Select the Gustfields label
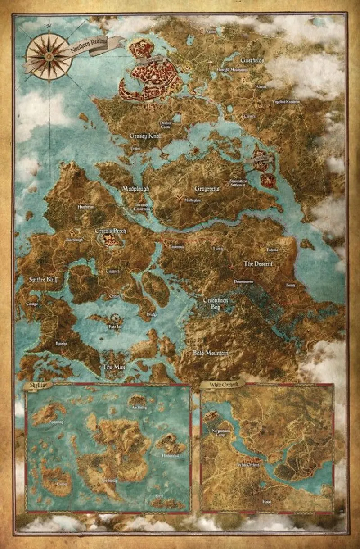point(252,60)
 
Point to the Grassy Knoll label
point(145,136)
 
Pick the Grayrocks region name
point(207,189)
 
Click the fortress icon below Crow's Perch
point(112,241)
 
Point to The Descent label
point(258,263)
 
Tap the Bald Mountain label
point(211,354)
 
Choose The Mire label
point(114,367)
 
